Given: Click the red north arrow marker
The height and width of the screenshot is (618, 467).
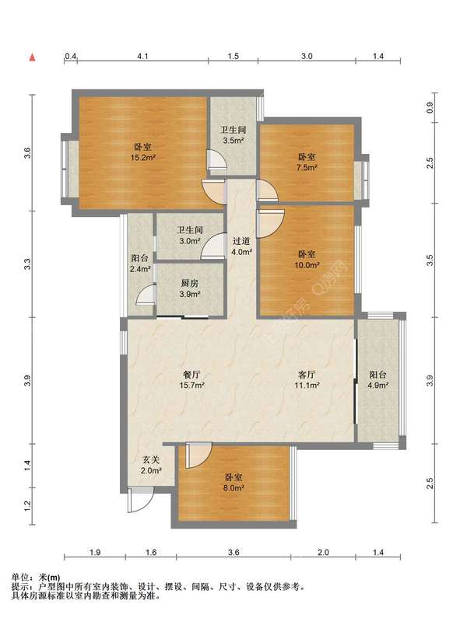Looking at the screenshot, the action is (33, 58).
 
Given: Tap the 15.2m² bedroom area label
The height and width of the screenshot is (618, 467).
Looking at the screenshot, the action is (142, 152).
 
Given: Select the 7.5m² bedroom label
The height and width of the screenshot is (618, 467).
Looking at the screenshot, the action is (307, 162).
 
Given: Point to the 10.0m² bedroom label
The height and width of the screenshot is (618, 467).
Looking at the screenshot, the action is (307, 260).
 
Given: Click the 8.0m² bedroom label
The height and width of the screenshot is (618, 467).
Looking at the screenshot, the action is (233, 483).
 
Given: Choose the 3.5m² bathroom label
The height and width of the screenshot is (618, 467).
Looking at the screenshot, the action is (233, 134).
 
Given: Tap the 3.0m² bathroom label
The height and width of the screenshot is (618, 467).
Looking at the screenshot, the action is (190, 236).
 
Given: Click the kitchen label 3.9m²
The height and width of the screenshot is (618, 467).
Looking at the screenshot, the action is (190, 288).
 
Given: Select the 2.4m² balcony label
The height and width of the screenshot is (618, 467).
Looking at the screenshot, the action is (140, 264).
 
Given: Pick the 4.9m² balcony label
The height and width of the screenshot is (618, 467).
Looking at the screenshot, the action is (377, 380).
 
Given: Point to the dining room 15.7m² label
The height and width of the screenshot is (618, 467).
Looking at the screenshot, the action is (191, 380).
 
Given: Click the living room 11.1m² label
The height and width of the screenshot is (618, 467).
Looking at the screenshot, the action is (307, 380).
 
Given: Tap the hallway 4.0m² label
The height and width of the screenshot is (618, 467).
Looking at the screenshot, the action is (241, 246).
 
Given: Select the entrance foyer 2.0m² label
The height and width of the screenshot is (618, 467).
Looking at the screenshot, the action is (152, 465).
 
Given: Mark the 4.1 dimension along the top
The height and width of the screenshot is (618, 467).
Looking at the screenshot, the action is (142, 56).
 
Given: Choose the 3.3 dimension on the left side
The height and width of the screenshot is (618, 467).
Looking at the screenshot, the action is (26, 264).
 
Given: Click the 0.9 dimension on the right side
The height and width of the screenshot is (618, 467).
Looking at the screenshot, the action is (430, 106).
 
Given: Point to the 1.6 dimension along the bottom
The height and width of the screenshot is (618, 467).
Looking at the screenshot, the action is (151, 552).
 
